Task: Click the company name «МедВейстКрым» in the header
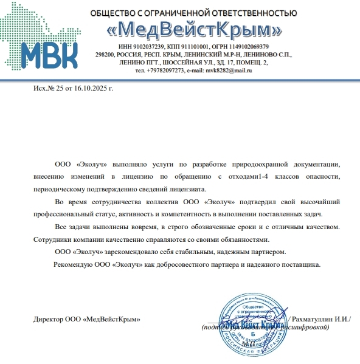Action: [x=193, y=29]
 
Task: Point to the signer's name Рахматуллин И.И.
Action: [x=320, y=319]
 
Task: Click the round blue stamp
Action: [x=251, y=321]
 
